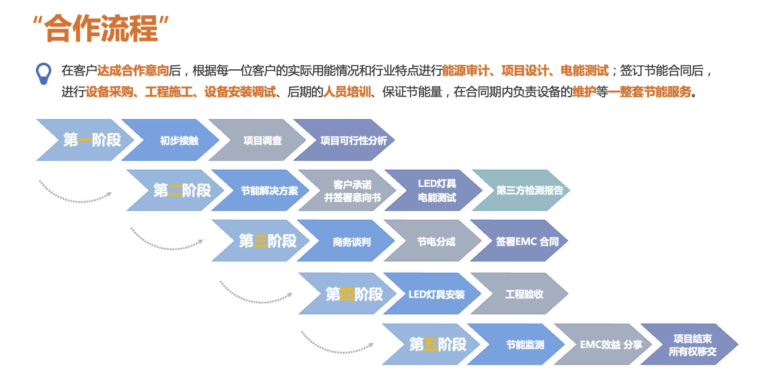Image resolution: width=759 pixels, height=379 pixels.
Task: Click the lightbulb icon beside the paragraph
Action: coord(43,73)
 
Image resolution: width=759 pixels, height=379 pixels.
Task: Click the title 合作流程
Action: coord(101,28)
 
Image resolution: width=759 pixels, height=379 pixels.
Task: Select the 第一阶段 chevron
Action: coord(92,140)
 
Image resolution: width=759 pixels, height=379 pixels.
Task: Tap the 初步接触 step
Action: coord(179,140)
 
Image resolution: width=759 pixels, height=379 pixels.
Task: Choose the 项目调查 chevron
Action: coord(262,140)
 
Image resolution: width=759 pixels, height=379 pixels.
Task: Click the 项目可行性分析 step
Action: coord(353,140)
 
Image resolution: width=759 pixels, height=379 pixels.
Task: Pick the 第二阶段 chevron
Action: coord(182,190)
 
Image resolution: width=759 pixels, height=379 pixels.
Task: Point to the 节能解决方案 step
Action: coord(269,191)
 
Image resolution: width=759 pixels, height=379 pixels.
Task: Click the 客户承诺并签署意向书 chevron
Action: coord(352,191)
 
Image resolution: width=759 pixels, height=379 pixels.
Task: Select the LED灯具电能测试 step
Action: coord(437,191)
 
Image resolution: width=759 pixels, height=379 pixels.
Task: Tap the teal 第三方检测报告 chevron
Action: coord(529,190)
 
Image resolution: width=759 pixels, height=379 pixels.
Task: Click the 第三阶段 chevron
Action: coord(267,241)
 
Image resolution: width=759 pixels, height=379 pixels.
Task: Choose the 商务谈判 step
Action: coord(352,241)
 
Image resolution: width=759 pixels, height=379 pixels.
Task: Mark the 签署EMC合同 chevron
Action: coord(527,241)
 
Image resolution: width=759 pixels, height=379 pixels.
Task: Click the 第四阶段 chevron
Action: coord(354,294)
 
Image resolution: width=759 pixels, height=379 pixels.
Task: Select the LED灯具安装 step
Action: coord(436,294)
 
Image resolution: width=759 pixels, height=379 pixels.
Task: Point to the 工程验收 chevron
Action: coord(524,294)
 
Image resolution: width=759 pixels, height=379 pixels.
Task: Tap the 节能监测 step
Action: coord(525,345)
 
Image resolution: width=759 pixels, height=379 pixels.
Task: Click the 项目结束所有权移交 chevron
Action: coord(692,345)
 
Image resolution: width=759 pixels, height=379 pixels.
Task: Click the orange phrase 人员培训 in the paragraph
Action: coord(347,92)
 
